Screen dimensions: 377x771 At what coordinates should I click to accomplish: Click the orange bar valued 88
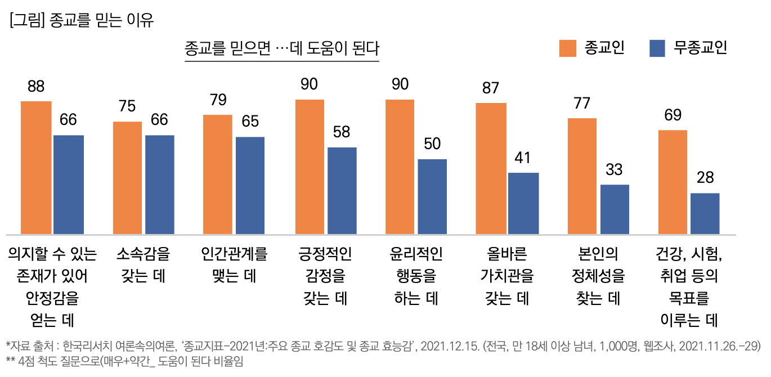click(x=36, y=168)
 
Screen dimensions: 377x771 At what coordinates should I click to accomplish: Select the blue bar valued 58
click(x=342, y=191)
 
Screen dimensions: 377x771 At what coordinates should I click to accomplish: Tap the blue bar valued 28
click(x=705, y=213)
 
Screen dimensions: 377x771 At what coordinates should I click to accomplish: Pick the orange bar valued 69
click(x=673, y=182)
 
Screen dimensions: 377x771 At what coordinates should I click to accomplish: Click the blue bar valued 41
click(x=523, y=203)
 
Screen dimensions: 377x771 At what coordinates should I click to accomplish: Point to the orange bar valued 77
click(x=582, y=176)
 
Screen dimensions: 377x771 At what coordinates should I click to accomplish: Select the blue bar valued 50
click(x=432, y=196)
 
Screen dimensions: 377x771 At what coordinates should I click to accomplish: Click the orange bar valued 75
click(x=127, y=178)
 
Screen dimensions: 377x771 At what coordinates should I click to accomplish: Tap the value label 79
click(x=218, y=100)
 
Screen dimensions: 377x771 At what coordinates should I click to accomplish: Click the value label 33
click(x=614, y=169)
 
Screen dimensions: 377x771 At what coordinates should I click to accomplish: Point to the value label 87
click(x=491, y=88)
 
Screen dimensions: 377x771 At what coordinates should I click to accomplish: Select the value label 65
click(x=250, y=122)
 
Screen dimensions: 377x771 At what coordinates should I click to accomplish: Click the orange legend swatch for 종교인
click(x=568, y=48)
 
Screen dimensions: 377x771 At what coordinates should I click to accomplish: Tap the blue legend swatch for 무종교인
click(x=657, y=48)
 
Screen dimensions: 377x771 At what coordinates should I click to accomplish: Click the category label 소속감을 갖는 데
click(x=143, y=266)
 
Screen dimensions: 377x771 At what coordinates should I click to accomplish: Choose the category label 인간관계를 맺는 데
click(x=234, y=266)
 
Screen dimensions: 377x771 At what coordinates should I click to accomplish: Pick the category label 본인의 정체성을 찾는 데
click(x=598, y=276)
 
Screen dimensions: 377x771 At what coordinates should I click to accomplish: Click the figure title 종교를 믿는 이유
click(x=82, y=21)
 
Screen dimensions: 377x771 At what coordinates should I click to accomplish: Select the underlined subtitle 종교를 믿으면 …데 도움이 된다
click(x=282, y=49)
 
